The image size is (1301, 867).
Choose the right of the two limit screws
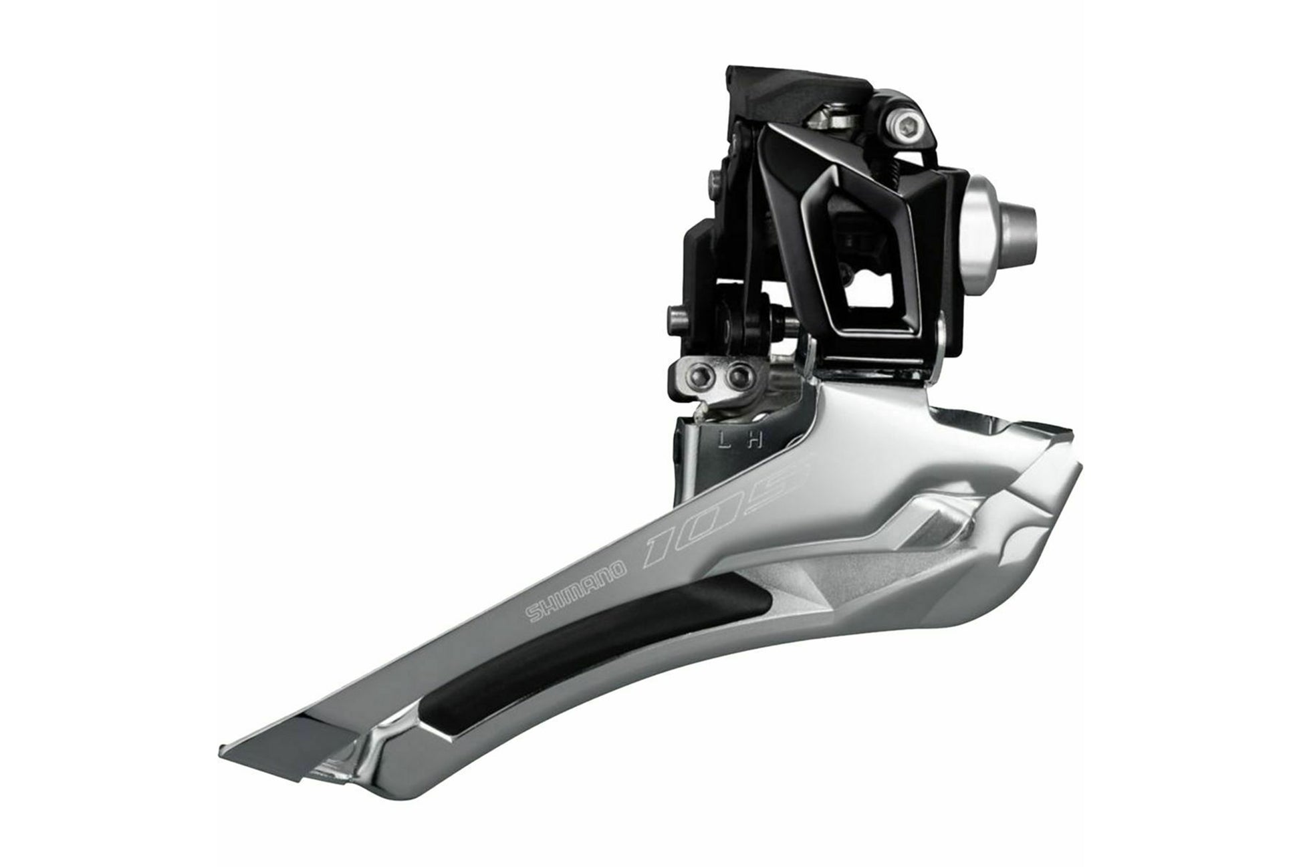(738, 374)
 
